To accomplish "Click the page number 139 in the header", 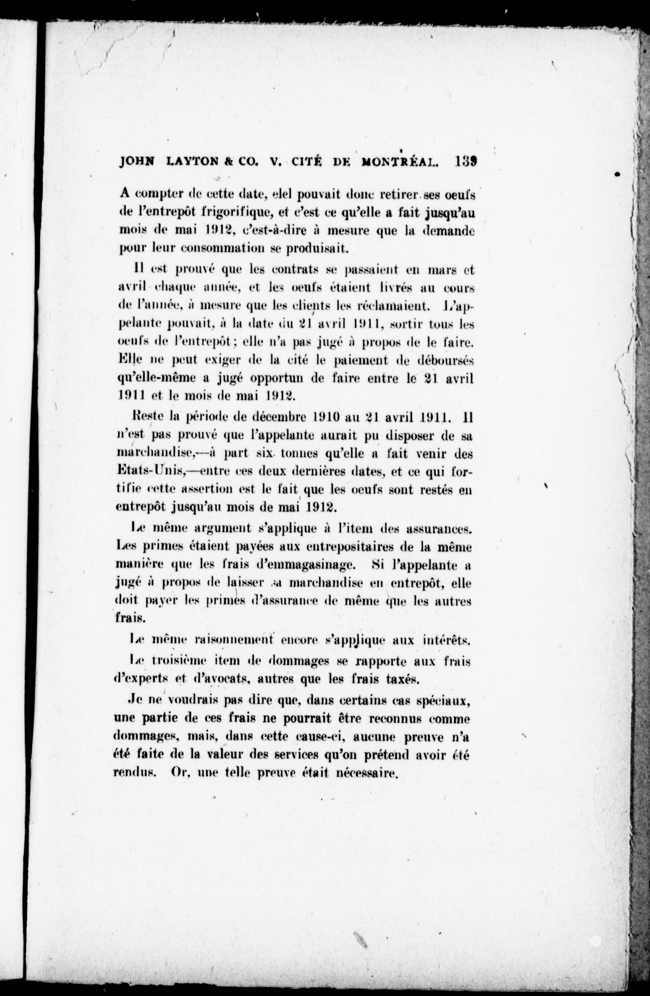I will pyautogui.click(x=466, y=161).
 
